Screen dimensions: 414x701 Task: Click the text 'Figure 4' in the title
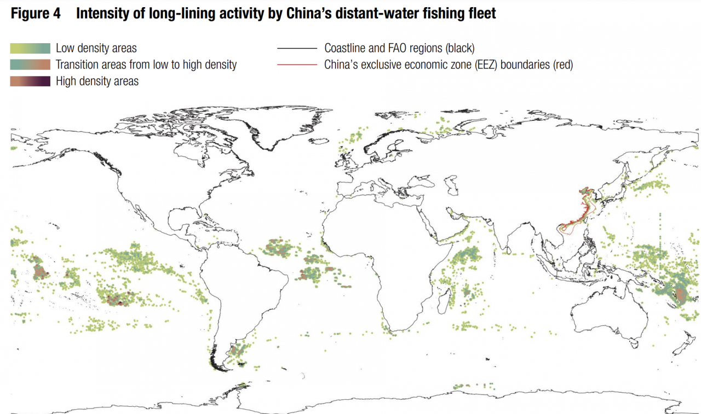[36, 14]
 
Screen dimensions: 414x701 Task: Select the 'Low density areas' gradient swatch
[30, 49]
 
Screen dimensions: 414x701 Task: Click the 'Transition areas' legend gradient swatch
[30, 65]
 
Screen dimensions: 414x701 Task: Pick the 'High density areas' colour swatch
[30, 81]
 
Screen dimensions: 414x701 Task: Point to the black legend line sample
[297, 49]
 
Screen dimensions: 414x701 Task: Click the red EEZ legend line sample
[297, 65]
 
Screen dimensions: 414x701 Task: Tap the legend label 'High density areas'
[97, 81]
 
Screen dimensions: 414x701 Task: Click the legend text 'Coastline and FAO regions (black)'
[399, 49]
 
